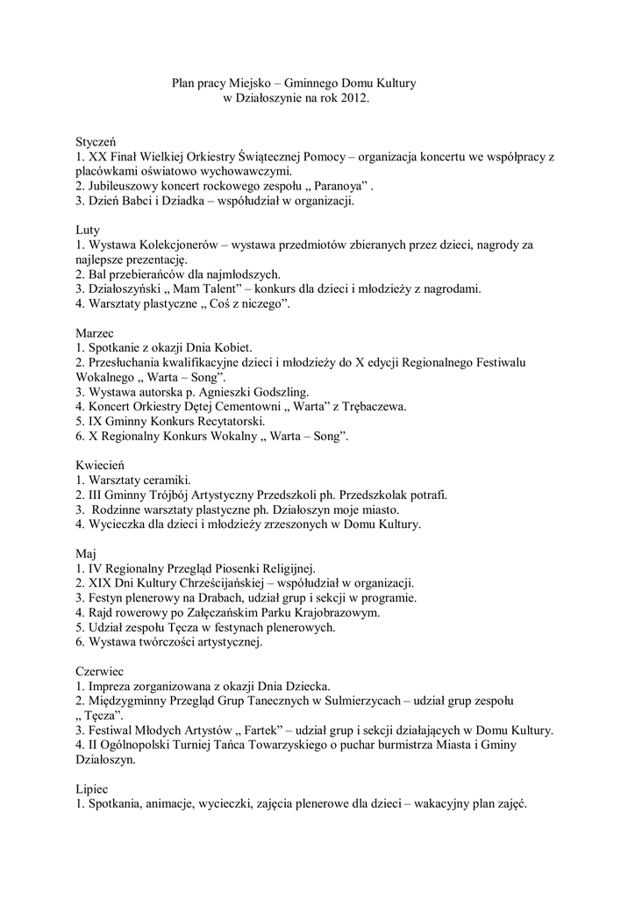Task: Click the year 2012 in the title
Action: [353, 100]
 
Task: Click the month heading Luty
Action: [88, 230]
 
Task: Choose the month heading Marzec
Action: [95, 332]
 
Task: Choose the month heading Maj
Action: [85, 554]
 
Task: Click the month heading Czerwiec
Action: [100, 671]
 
